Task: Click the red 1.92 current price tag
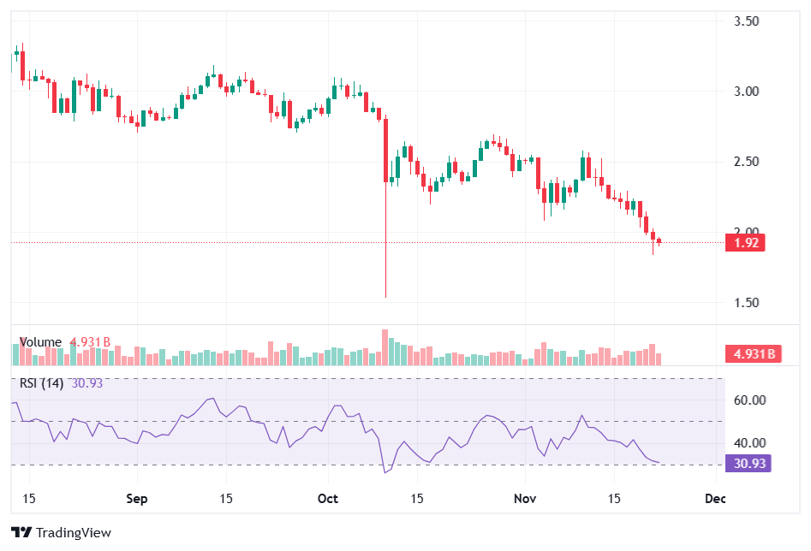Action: (744, 242)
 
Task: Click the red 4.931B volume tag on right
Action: (754, 353)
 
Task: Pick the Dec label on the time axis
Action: (715, 498)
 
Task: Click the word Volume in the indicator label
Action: (40, 342)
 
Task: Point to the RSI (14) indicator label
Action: (41, 383)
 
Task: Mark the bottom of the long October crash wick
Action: (386, 297)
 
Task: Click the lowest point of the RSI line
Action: (385, 472)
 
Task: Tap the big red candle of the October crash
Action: (386, 150)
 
